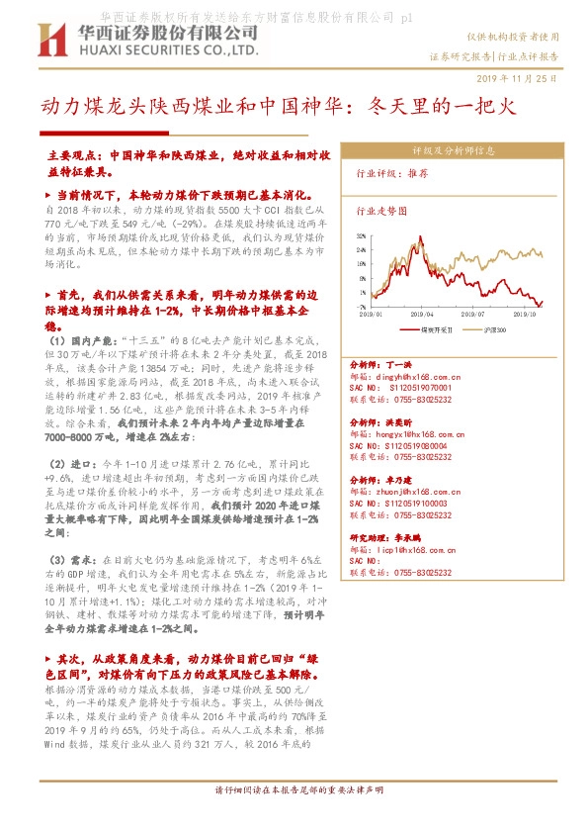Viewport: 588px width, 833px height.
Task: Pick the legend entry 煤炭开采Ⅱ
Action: coord(435,326)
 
